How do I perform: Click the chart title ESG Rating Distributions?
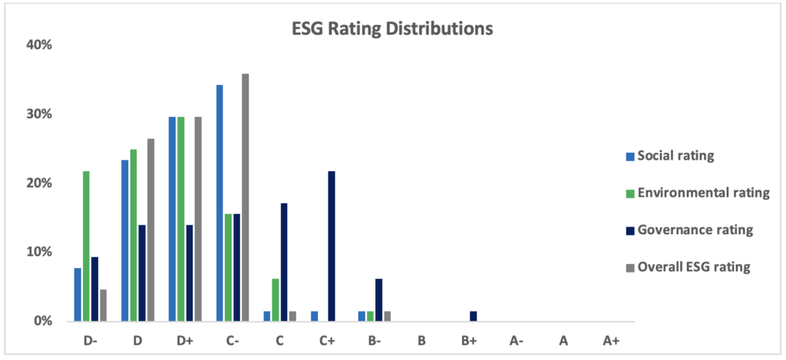coord(392,29)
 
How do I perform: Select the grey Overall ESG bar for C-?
coord(246,197)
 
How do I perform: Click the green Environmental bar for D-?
coord(86,246)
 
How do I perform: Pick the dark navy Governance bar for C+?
coord(332,246)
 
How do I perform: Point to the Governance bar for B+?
coord(474,316)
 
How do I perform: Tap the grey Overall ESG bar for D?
coord(150,230)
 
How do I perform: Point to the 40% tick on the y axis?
coord(39,45)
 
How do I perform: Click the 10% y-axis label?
coord(39,252)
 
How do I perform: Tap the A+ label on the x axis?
coord(611,342)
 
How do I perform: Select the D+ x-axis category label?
coord(185,342)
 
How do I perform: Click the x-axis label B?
coord(421,342)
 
